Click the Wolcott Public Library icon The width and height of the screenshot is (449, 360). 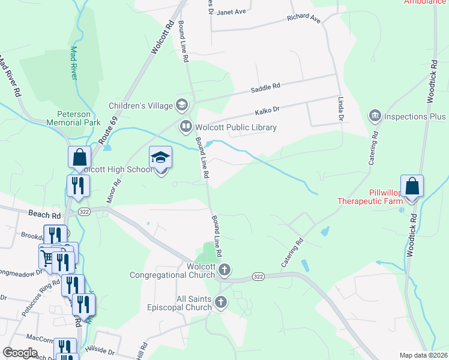click(185, 127)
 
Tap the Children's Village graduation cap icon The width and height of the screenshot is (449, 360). click(181, 106)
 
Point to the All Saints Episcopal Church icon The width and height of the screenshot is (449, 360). click(221, 302)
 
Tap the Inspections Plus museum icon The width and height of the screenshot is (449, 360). click(375, 115)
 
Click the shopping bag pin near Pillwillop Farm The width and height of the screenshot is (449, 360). click(412, 187)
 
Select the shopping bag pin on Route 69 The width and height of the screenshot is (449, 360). click(79, 158)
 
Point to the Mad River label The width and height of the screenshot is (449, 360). click(74, 62)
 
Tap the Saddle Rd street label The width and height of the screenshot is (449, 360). click(265, 88)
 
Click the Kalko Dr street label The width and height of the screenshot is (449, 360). click(268, 110)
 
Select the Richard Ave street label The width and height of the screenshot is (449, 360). click(304, 17)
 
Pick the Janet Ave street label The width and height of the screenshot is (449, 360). click(232, 11)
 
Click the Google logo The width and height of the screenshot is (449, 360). click(20, 353)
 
